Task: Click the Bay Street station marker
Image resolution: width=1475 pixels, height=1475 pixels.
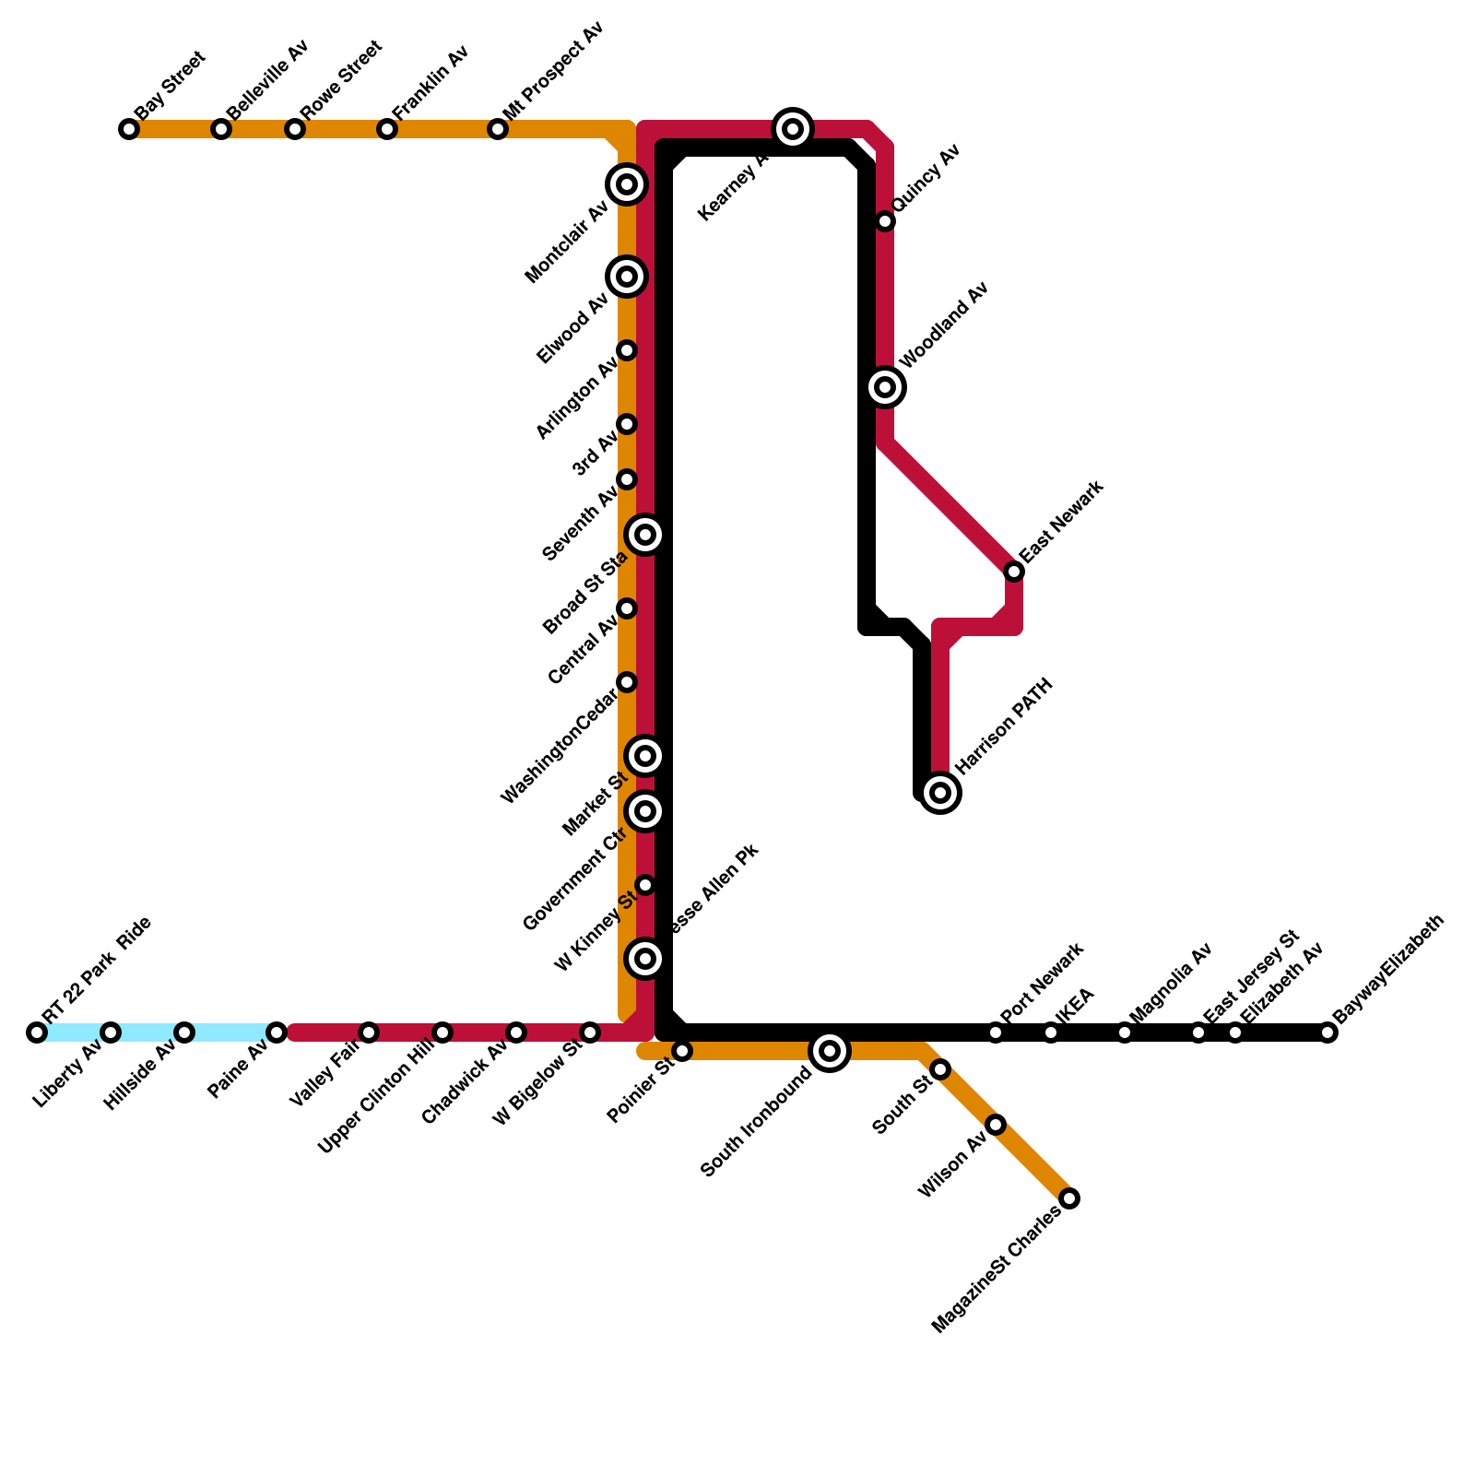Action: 129,129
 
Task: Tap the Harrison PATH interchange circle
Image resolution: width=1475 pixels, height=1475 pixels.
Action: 940,792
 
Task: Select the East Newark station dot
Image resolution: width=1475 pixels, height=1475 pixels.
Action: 1014,572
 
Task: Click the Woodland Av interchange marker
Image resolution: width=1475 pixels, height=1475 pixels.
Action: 885,387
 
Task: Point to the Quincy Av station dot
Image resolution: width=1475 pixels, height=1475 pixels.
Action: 885,221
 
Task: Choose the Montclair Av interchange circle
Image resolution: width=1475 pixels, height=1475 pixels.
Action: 627,184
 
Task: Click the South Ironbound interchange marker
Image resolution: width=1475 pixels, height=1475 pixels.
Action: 830,1050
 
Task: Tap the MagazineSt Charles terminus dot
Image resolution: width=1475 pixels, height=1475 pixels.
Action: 1069,1198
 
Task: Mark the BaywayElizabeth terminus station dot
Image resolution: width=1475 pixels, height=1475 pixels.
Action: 1327,1032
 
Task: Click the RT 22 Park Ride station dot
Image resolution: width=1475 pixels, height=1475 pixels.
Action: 37,1032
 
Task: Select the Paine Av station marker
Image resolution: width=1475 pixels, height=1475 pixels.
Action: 277,1032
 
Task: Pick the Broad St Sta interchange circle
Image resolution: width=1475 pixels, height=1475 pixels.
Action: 645,535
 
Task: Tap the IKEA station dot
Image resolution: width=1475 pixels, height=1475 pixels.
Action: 1051,1032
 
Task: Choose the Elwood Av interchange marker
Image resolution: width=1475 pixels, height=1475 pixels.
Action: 627,277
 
